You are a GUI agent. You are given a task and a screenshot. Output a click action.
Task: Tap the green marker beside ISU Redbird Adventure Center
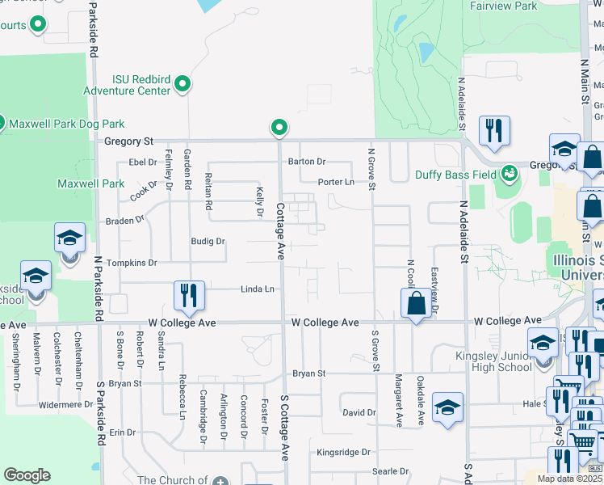[x=183, y=83]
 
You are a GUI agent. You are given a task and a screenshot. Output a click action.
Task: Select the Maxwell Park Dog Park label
[x=66, y=124]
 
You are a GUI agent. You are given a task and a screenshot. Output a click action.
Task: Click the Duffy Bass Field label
[x=455, y=174]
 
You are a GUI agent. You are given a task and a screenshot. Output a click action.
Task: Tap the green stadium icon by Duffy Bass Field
[x=509, y=173]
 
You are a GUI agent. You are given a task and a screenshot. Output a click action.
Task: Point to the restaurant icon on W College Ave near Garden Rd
[x=189, y=296]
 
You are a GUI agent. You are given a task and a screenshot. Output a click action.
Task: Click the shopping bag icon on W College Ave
[x=416, y=304]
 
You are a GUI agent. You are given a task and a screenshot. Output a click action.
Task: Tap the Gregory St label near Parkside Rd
[x=129, y=141]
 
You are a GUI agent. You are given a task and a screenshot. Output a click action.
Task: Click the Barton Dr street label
[x=307, y=161]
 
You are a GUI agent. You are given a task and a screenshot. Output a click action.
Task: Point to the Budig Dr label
[x=208, y=241]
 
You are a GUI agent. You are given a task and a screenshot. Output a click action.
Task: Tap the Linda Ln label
[x=258, y=289]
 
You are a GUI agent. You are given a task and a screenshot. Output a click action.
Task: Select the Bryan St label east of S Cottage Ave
[x=308, y=373]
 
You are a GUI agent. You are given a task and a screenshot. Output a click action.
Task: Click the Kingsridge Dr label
[x=343, y=452]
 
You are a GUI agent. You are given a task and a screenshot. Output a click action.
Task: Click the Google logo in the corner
[x=27, y=475]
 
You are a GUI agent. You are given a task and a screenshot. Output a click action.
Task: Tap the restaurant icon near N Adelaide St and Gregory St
[x=493, y=130]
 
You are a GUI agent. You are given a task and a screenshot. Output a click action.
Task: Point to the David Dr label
[x=359, y=412]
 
